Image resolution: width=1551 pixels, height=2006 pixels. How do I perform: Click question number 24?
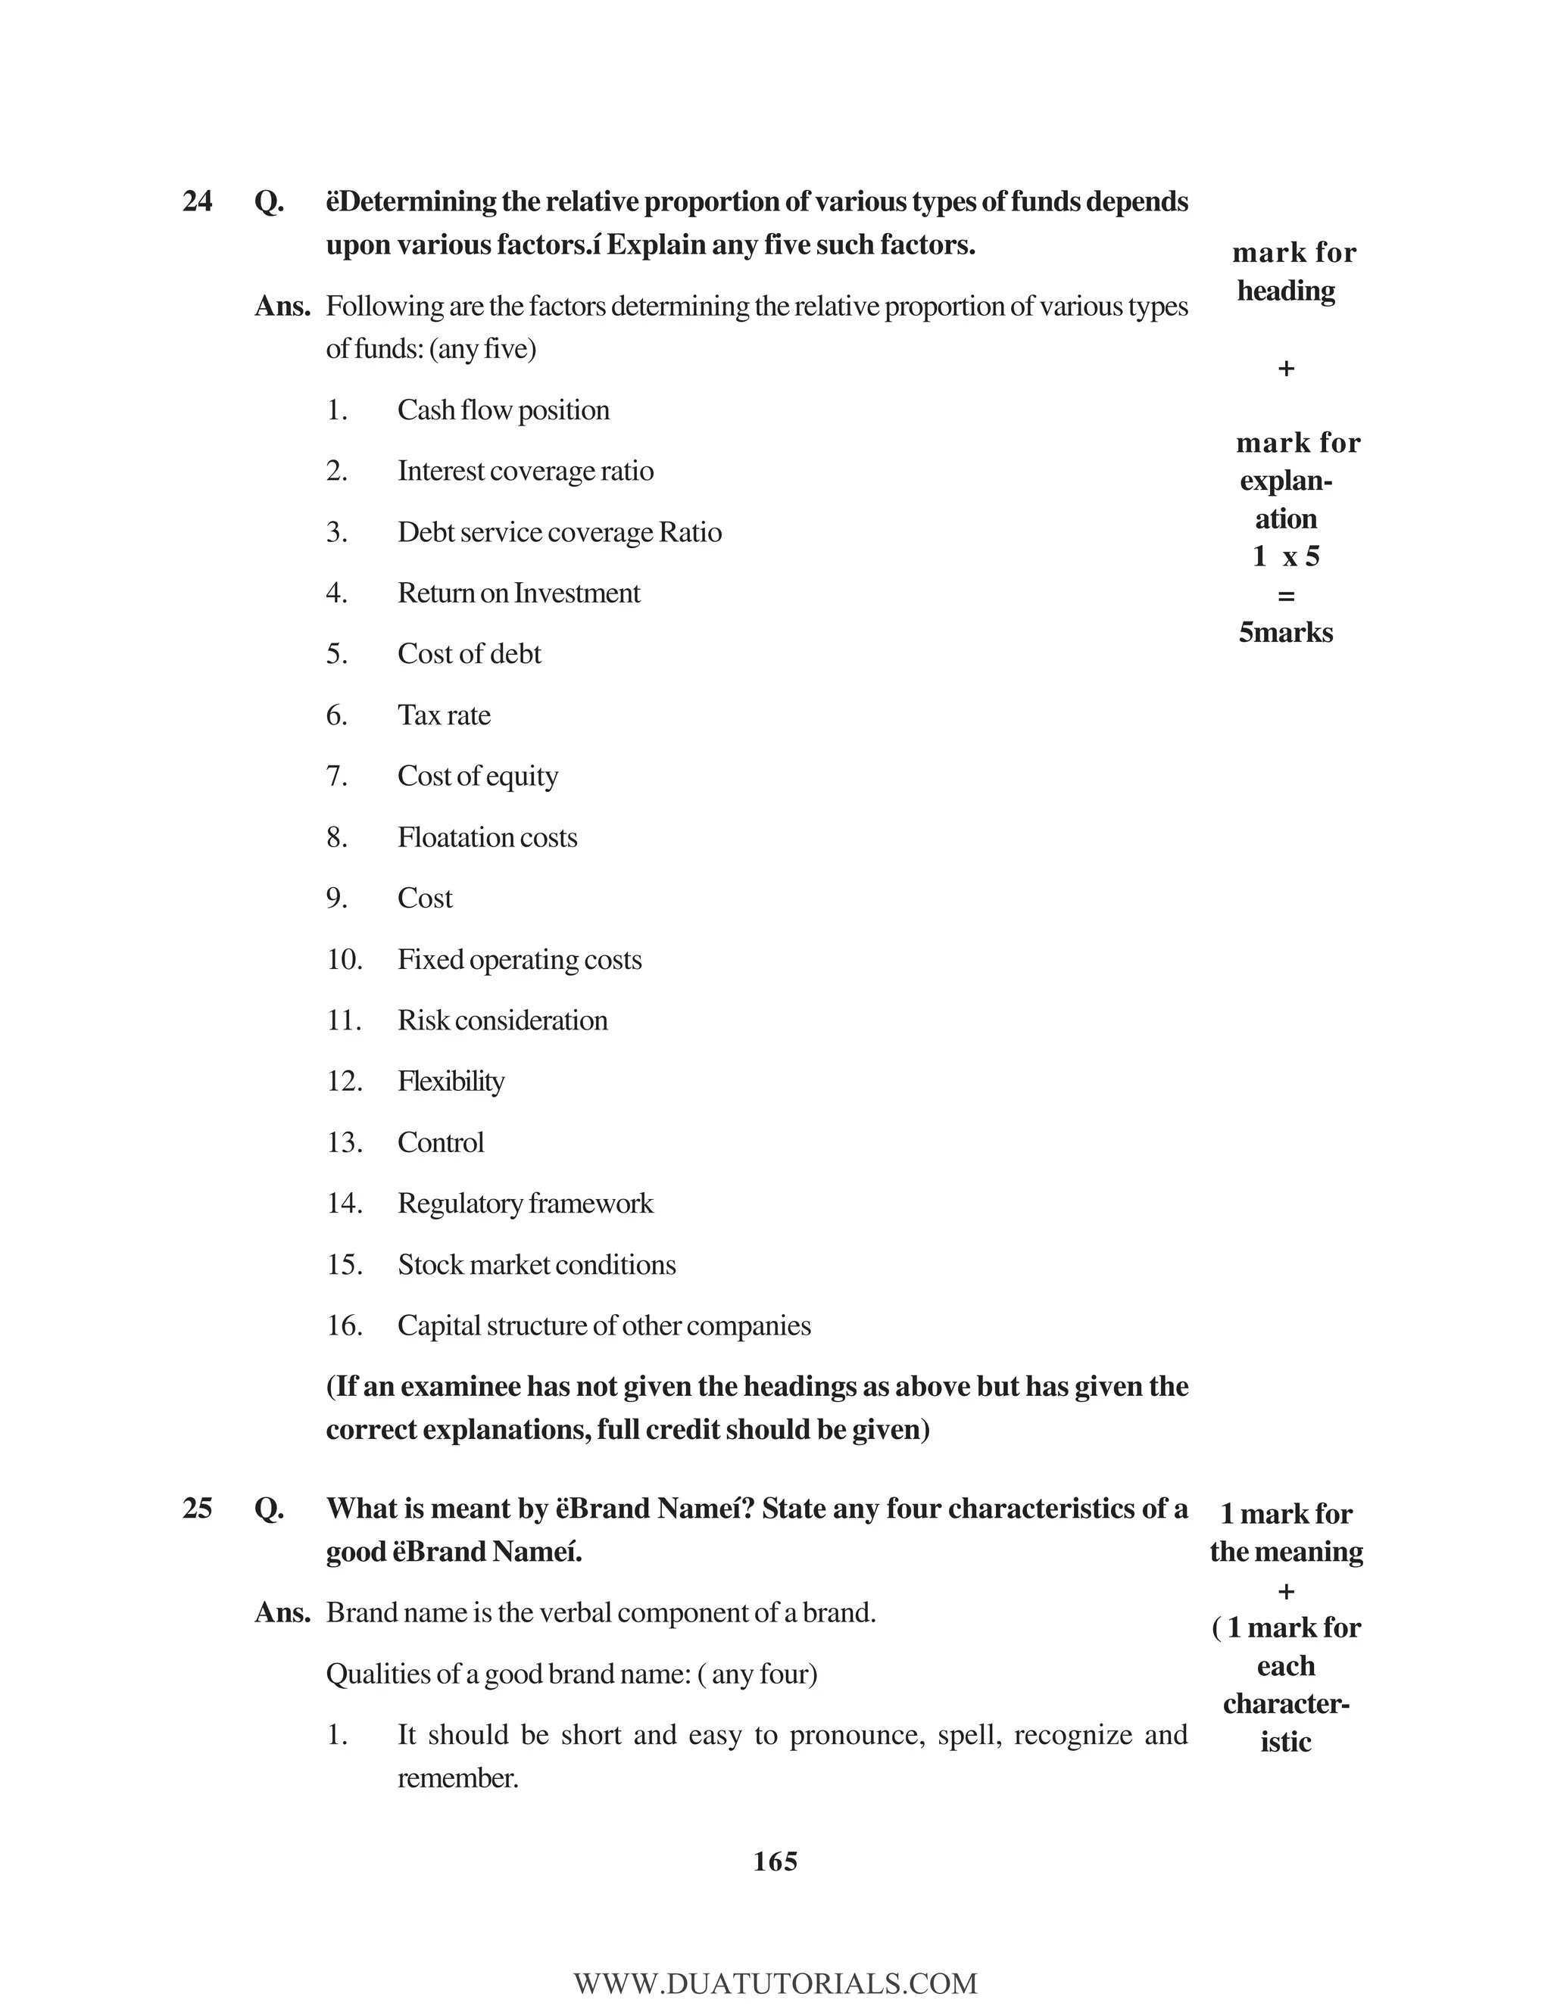[x=197, y=201]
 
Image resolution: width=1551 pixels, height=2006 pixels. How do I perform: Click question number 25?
[x=197, y=1508]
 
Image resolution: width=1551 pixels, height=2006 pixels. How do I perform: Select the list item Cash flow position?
[x=503, y=410]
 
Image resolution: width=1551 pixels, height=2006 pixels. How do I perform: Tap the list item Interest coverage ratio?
[x=525, y=471]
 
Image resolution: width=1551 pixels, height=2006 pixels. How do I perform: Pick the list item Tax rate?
[x=444, y=715]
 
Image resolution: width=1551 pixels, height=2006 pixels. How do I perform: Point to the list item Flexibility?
[x=451, y=1081]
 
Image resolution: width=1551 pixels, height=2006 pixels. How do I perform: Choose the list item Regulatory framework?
[x=525, y=1204]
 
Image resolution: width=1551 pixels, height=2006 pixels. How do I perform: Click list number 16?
[x=344, y=1325]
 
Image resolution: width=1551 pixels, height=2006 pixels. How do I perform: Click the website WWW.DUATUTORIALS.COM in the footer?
[x=775, y=1983]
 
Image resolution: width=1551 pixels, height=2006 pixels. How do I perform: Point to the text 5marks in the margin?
[x=1285, y=633]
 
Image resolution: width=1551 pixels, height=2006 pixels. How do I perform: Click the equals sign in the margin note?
[x=1285, y=595]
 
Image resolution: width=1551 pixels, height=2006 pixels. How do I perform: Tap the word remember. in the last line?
[x=457, y=1778]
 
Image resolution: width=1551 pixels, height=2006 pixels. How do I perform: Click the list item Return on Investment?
[x=518, y=593]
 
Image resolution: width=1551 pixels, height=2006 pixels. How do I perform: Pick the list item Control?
[x=440, y=1142]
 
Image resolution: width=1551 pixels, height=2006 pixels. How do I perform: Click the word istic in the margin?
[x=1285, y=1742]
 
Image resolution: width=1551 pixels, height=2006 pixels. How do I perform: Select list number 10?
[x=344, y=960]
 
